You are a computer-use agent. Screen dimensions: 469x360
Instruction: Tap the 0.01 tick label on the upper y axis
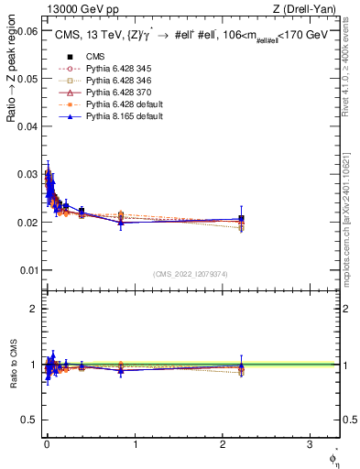point(27,270)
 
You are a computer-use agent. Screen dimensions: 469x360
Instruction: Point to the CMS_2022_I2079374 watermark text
point(190,273)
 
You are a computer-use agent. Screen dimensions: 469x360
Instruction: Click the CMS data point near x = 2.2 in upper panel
point(241,219)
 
